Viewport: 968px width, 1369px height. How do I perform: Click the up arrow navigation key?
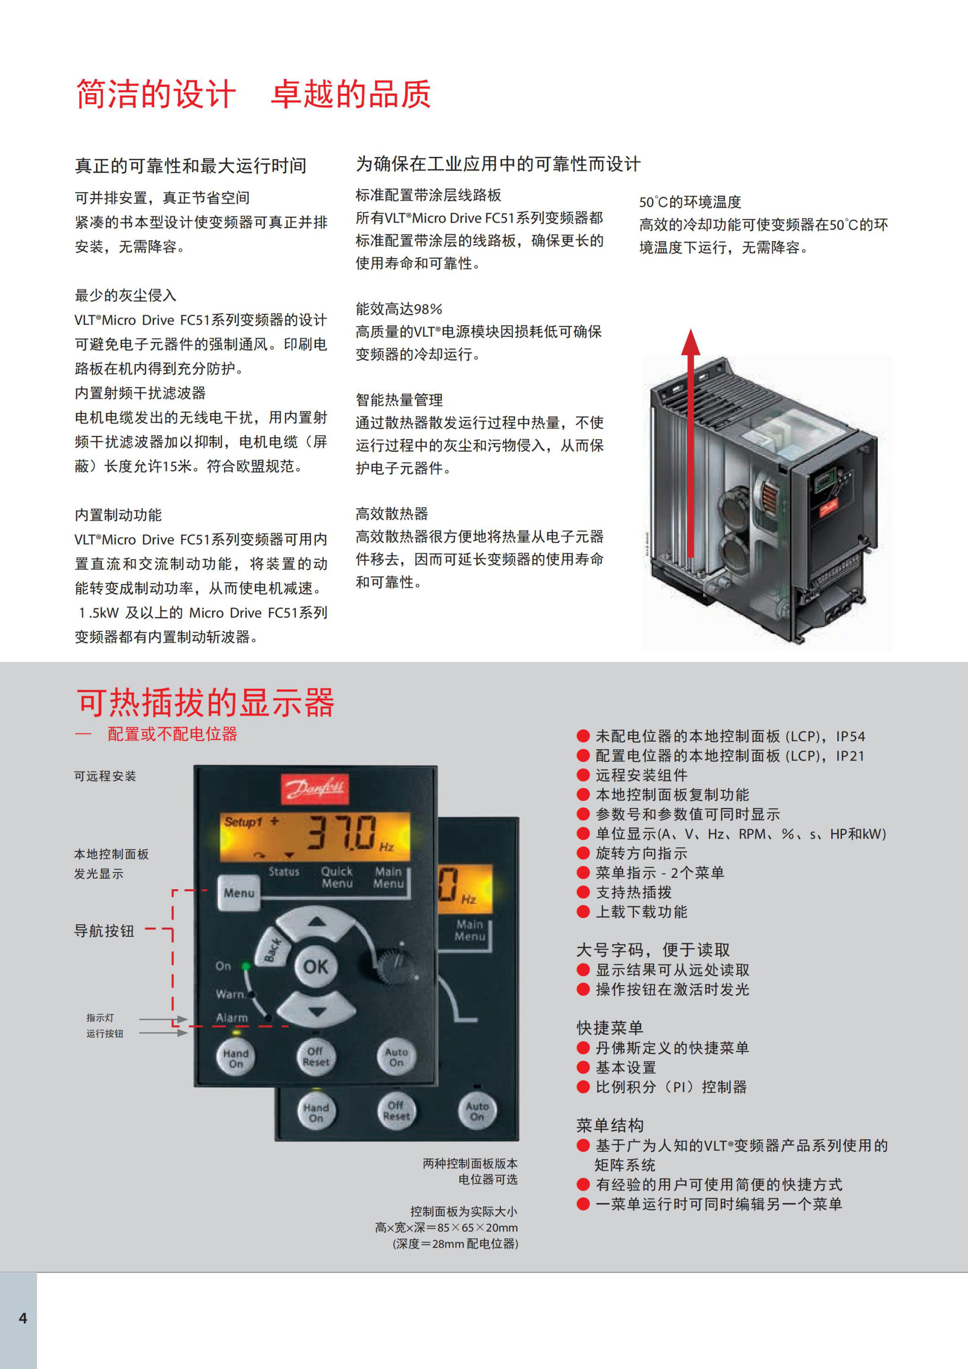pos(317,923)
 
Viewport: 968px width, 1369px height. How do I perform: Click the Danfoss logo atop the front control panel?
pos(315,789)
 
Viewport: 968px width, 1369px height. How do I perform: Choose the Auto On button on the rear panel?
pos(477,1111)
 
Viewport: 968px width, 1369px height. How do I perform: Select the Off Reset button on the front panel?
pos(315,1057)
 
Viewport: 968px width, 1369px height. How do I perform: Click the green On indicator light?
pos(246,965)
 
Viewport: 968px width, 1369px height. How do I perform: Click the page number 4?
pos(23,1318)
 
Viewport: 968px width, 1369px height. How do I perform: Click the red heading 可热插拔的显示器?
pos(206,702)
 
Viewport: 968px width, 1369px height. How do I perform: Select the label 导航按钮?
pos(104,931)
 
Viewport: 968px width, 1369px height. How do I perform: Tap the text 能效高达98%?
pos(399,309)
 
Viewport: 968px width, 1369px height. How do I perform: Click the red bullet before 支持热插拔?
pos(583,892)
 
